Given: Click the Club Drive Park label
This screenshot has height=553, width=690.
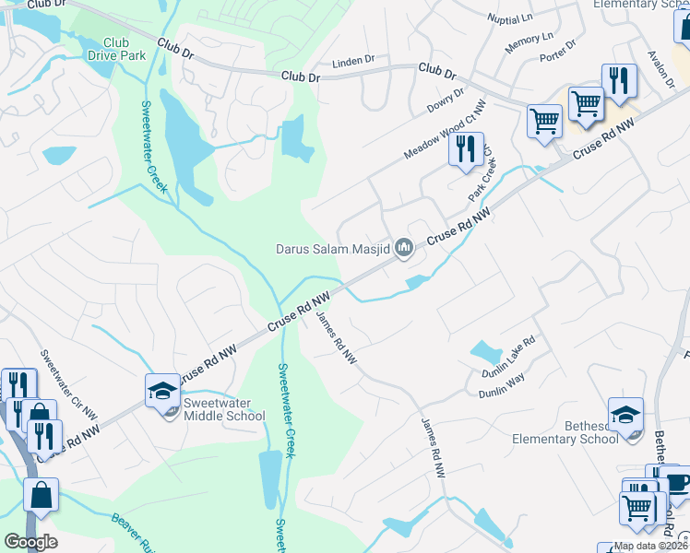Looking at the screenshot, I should click(116, 49).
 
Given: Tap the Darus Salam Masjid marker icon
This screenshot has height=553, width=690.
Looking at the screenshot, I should click(403, 248).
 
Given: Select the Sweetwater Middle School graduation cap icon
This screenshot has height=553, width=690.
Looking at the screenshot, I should click(162, 391).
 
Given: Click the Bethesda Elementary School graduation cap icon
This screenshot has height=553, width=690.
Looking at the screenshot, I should click(625, 414).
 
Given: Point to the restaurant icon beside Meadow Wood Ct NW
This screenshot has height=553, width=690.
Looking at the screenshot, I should click(466, 147).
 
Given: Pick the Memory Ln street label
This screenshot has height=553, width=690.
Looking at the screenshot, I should click(529, 41).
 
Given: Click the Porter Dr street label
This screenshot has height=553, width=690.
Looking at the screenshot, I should click(558, 49).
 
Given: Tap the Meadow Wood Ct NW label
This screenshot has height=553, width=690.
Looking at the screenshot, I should click(444, 131).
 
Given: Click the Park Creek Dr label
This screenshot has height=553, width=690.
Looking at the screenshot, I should click(482, 179).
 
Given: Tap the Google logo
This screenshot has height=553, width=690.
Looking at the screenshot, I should click(30, 541).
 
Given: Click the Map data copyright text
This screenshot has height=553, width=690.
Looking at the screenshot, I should click(650, 546).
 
